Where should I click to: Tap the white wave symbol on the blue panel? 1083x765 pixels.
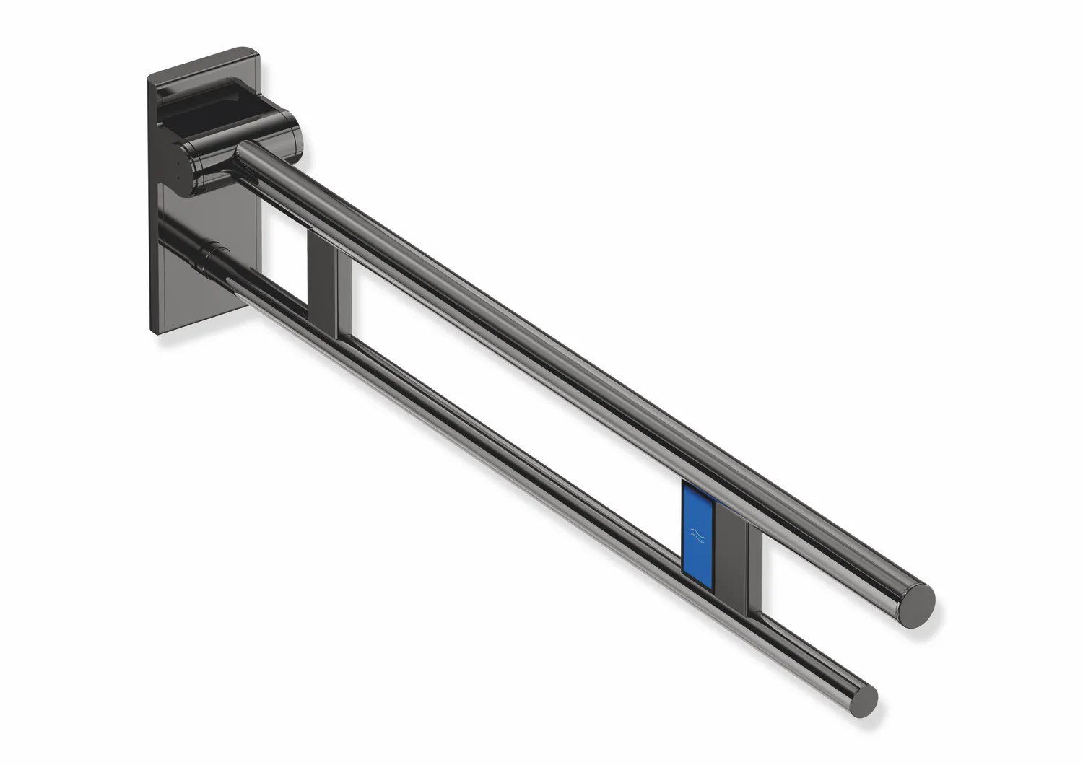pos(697,535)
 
